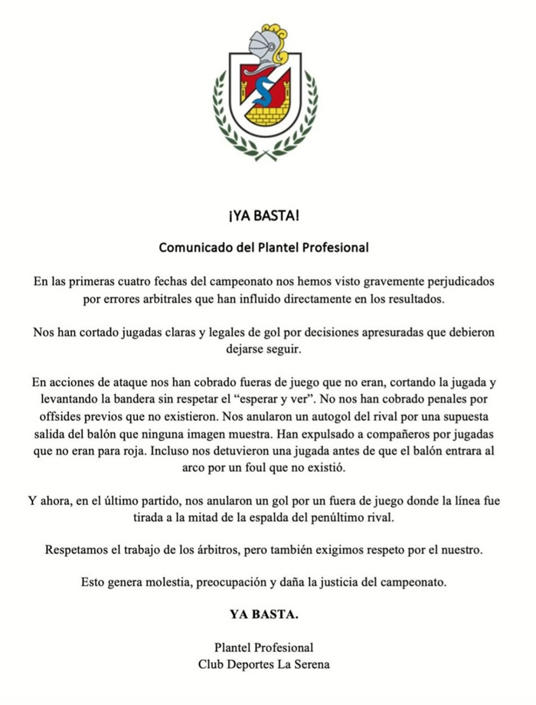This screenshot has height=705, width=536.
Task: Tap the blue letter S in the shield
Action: (264, 91)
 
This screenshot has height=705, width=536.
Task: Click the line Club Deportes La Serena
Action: (263, 664)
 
